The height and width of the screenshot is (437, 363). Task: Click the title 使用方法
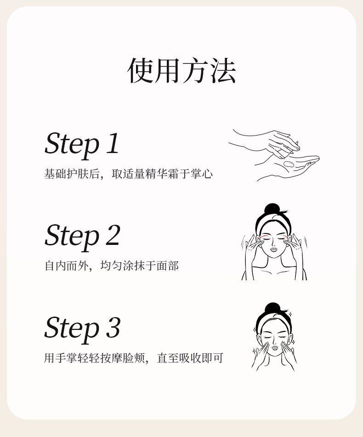point(181,71)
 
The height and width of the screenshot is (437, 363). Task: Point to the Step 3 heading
point(82,329)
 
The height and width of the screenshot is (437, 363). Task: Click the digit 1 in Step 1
point(113,143)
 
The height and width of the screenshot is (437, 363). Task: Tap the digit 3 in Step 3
point(113,328)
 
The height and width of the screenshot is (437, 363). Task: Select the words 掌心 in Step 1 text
point(202,174)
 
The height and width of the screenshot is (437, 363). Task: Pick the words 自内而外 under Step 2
point(67,266)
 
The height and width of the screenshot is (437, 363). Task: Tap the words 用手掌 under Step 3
point(61,358)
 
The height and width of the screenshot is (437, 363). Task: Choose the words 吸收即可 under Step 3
point(201,358)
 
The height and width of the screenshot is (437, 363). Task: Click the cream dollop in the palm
point(288,164)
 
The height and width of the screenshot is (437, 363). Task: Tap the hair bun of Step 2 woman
point(272,209)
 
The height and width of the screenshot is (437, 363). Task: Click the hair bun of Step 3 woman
point(272,308)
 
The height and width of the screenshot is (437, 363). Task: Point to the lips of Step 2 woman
point(274,249)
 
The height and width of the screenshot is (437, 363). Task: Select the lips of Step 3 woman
point(275,347)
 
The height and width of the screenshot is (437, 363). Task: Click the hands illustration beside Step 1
point(274,155)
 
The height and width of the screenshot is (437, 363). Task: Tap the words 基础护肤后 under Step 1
point(72,174)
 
